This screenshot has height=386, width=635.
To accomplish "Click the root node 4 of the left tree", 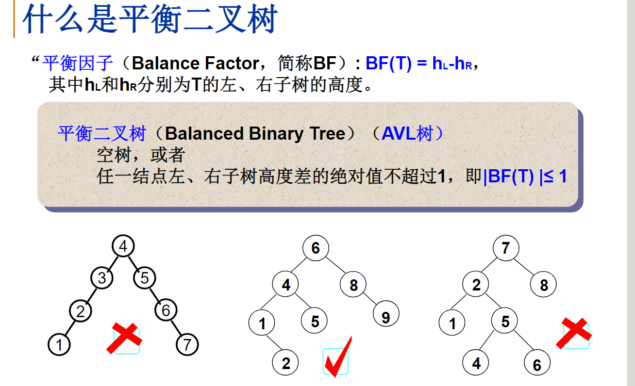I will tap(123, 246).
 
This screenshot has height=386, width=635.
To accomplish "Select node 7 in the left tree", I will tap(187, 345).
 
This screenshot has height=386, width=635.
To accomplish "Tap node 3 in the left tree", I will tap(102, 278).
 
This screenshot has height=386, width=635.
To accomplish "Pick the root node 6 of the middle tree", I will tap(316, 248).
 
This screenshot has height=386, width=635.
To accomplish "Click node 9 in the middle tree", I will tap(385, 318).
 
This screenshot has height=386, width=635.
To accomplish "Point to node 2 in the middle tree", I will tap(285, 363).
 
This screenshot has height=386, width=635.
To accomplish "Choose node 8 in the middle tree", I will tap(353, 286).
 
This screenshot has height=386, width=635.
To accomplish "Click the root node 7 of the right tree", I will tap(506, 248).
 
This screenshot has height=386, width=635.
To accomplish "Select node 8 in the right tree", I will tap(543, 285).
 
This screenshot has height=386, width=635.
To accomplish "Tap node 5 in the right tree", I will tap(505, 322).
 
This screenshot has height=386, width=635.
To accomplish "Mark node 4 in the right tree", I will tap(476, 363).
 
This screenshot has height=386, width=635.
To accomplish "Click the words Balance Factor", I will tap(202, 64).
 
